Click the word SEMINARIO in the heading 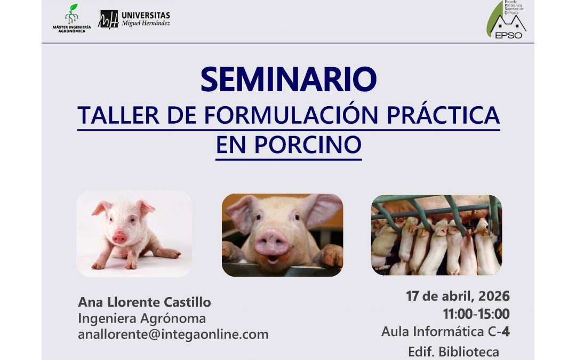(289, 79)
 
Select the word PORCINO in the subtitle (308, 145)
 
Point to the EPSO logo (507, 20)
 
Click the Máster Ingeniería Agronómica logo (71, 19)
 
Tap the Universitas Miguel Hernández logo (134, 19)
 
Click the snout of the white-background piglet (119, 237)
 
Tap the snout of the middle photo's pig (271, 243)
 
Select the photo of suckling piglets (436, 235)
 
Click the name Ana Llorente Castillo (145, 302)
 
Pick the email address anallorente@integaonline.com (173, 334)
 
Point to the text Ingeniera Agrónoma (142, 318)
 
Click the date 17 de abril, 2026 (458, 296)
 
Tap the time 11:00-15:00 (476, 314)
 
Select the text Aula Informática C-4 (445, 331)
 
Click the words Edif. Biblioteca (454, 351)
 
